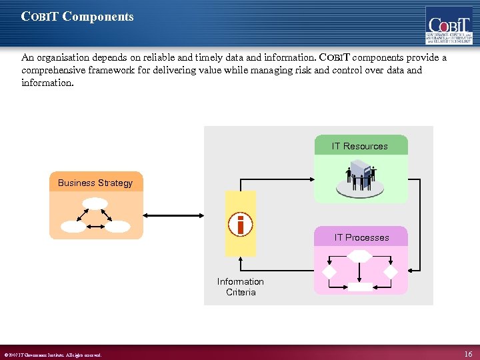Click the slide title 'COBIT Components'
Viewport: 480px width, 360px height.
[x=77, y=17]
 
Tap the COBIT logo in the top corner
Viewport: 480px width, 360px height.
[x=449, y=25]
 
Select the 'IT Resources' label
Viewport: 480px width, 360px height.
[x=360, y=146]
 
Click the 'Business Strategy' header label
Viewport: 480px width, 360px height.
[x=95, y=183]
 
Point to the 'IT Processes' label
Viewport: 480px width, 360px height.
[x=361, y=237]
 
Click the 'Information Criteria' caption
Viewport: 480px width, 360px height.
[x=241, y=287]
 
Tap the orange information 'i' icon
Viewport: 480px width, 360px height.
[x=241, y=225]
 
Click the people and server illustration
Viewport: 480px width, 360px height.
[x=361, y=177]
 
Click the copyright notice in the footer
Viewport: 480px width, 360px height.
[x=53, y=355]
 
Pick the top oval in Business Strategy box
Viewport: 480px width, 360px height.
[x=96, y=203]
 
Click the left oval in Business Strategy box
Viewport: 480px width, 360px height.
[x=73, y=227]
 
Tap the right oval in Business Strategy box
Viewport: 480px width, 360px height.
[x=118, y=227]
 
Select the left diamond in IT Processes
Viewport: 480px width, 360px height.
[x=329, y=272]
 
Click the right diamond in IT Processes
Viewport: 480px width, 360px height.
[x=391, y=272]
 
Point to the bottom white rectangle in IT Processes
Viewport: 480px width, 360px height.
[x=360, y=287]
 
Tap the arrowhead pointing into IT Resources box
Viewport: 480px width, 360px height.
[x=311, y=178]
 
